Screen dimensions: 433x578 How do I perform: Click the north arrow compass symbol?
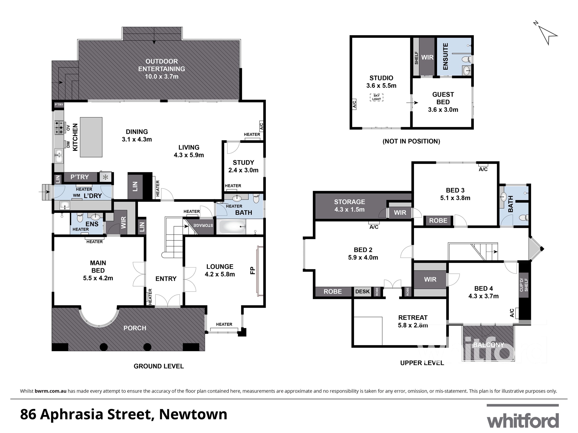[547, 35]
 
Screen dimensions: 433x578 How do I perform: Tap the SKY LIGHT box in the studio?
[376, 97]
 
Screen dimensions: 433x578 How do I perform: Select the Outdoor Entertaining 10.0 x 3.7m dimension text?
[162, 76]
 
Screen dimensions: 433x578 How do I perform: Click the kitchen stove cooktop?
[59, 127]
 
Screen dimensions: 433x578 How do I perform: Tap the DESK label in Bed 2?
[362, 292]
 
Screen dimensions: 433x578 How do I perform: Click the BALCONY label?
[488, 345]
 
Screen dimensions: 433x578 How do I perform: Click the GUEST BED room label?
[443, 98]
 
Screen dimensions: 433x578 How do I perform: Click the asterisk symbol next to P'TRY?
[106, 177]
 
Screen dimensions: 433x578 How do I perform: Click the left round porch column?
[104, 347]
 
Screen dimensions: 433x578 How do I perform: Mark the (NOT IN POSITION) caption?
[411, 141]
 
